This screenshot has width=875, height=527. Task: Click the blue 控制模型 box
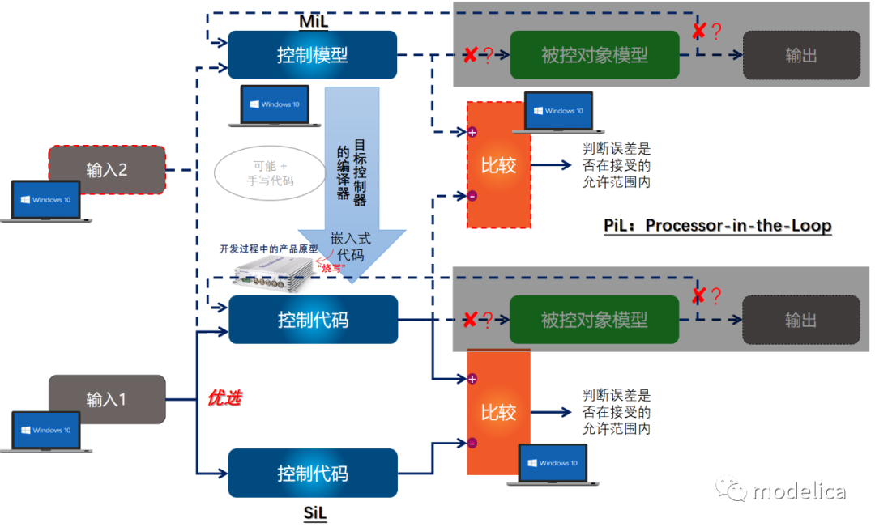(x=312, y=55)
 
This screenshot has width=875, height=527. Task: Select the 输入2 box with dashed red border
(x=107, y=169)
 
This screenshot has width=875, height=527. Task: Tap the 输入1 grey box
(x=107, y=399)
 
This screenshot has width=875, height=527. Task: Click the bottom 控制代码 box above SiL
(x=313, y=473)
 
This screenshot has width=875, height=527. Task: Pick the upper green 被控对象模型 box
(x=594, y=55)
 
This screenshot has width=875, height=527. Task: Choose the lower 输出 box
(x=800, y=320)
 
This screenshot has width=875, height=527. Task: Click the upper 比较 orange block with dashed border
(x=498, y=165)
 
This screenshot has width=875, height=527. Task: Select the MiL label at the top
(x=313, y=19)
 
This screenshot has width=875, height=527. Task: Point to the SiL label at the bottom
(x=315, y=512)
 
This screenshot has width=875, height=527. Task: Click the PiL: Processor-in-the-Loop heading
(x=717, y=225)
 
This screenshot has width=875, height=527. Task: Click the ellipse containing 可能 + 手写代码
(x=270, y=172)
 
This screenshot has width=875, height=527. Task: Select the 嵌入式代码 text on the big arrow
(x=351, y=247)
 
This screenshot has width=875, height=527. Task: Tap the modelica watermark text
(x=798, y=491)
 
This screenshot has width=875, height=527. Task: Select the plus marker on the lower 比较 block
(x=472, y=378)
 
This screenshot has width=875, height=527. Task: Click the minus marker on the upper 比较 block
(x=472, y=196)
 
